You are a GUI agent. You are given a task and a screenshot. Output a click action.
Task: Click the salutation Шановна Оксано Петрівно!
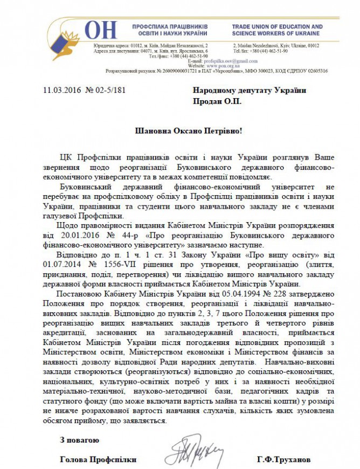179,131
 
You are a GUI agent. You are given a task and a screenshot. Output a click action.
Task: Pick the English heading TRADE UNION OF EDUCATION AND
278,26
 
